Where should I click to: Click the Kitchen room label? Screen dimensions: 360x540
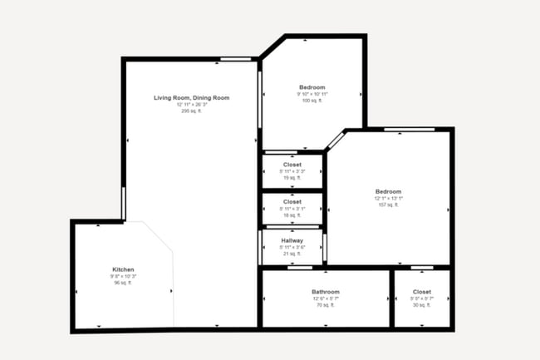pyautogui.click(x=123, y=269)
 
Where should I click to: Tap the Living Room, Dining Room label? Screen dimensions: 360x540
pyautogui.click(x=191, y=98)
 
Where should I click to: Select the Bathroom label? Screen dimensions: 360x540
pyautogui.click(x=326, y=292)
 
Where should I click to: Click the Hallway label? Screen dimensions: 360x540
pyautogui.click(x=292, y=240)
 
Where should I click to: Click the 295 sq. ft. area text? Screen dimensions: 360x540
pyautogui.click(x=191, y=111)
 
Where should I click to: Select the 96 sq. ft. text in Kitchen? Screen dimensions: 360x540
pyautogui.click(x=123, y=283)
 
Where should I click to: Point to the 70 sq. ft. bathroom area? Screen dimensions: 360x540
pyautogui.click(x=326, y=305)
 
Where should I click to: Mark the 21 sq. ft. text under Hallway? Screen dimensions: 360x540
pyautogui.click(x=292, y=254)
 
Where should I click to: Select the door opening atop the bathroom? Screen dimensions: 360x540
pyautogui.click(x=300, y=268)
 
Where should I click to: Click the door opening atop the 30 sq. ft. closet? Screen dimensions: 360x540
pyautogui.click(x=422, y=268)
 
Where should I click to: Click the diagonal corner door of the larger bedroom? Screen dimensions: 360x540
pyautogui.click(x=335, y=140)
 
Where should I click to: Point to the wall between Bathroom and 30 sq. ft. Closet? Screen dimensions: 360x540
pyautogui.click(x=391, y=298)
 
